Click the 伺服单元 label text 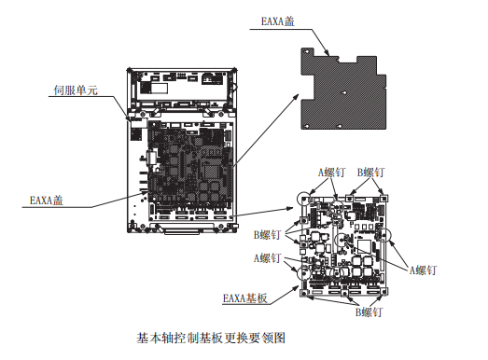pyautogui.click(x=76, y=90)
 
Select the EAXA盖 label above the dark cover pyautogui.click(x=278, y=21)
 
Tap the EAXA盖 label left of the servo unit pyautogui.click(x=47, y=201)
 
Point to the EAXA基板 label pyautogui.click(x=245, y=298)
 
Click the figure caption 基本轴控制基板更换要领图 pyautogui.click(x=211, y=338)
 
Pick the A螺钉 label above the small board pyautogui.click(x=331, y=172)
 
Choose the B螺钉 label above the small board pyautogui.click(x=370, y=172)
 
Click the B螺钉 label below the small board pyautogui.click(x=369, y=312)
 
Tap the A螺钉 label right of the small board pyautogui.click(x=423, y=270)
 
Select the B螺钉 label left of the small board pyautogui.click(x=267, y=235)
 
